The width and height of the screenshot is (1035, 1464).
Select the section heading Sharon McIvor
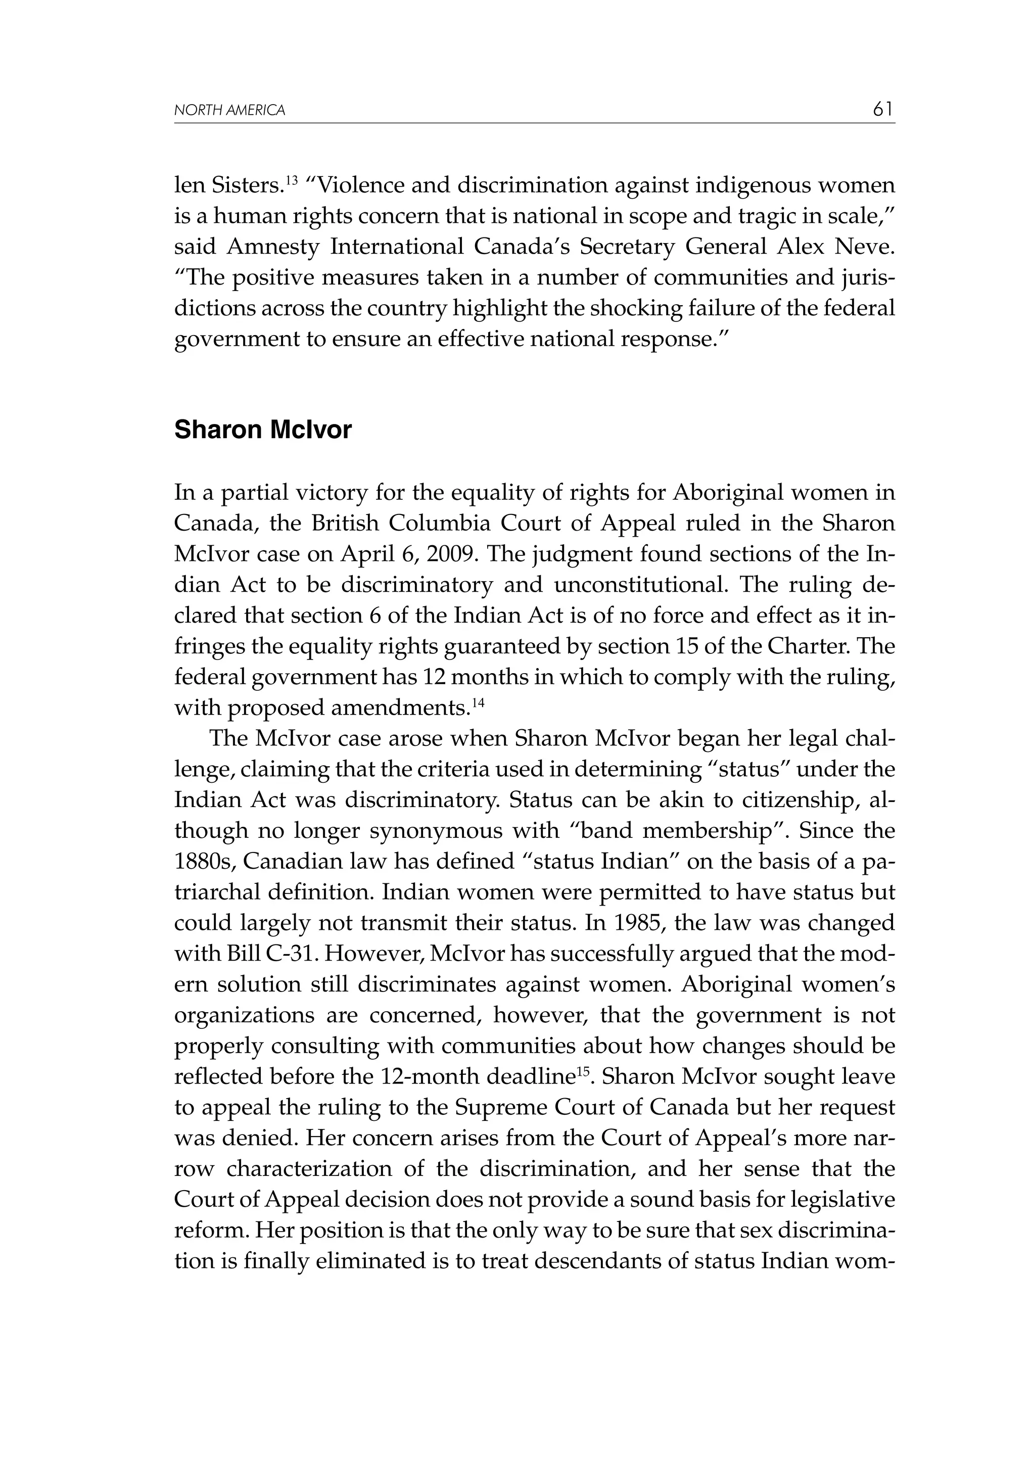click(x=263, y=431)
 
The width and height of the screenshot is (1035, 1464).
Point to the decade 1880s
click(x=202, y=862)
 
